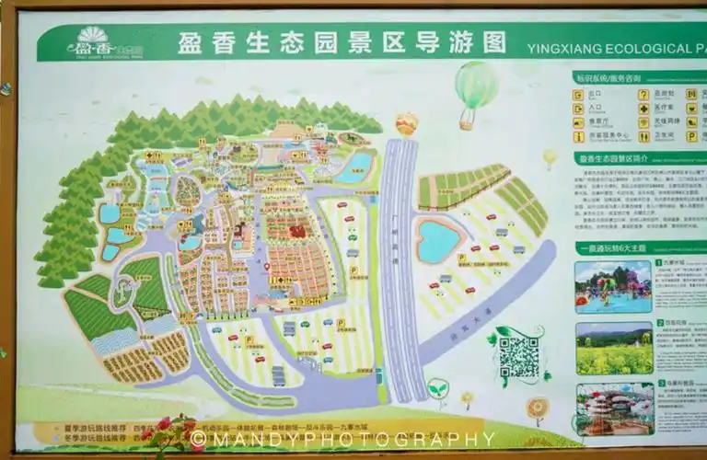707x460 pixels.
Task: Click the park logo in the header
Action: (92, 42)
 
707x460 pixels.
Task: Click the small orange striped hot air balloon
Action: (406, 123)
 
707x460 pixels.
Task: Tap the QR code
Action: (518, 356)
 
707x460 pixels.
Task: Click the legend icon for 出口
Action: (579, 94)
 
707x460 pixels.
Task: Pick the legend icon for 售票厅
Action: (579, 121)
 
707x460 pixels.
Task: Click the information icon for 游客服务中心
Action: (579, 136)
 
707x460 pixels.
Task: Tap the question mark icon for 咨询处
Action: (643, 94)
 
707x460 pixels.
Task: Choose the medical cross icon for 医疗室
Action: (643, 108)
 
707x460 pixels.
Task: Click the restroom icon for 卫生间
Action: (643, 135)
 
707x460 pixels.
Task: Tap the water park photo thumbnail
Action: (613, 286)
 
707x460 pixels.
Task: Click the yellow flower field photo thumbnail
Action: (613, 347)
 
